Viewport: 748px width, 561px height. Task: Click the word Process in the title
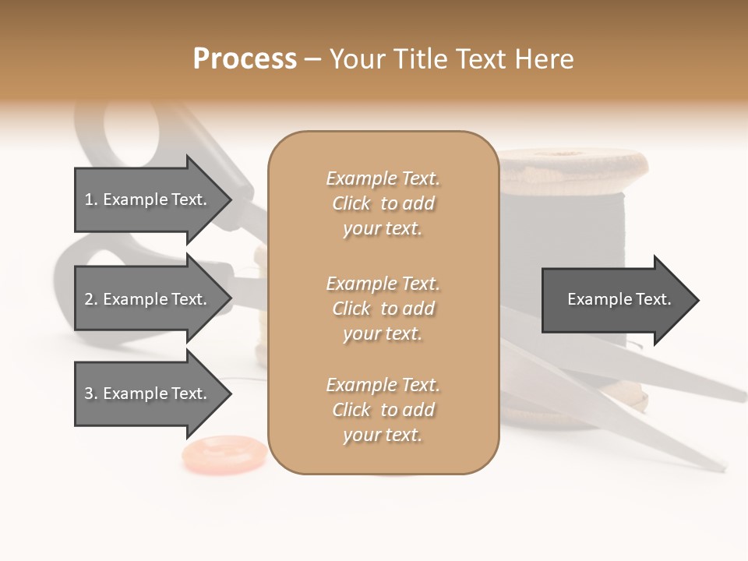point(245,58)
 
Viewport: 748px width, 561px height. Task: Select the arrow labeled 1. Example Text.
point(148,199)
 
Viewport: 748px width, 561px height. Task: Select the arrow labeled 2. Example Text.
point(148,299)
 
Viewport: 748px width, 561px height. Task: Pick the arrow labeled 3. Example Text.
point(148,393)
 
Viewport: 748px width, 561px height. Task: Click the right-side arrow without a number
point(616,299)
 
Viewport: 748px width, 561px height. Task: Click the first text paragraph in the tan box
point(383,203)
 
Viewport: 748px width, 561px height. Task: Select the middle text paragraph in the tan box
point(383,308)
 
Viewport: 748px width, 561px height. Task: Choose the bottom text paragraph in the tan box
point(383,410)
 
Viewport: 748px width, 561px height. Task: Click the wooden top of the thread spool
point(575,163)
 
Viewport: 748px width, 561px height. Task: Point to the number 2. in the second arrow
point(90,299)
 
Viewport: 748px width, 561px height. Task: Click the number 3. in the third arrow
point(90,393)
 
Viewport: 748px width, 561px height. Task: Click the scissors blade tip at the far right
point(740,397)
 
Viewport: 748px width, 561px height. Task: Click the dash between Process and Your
point(313,60)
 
